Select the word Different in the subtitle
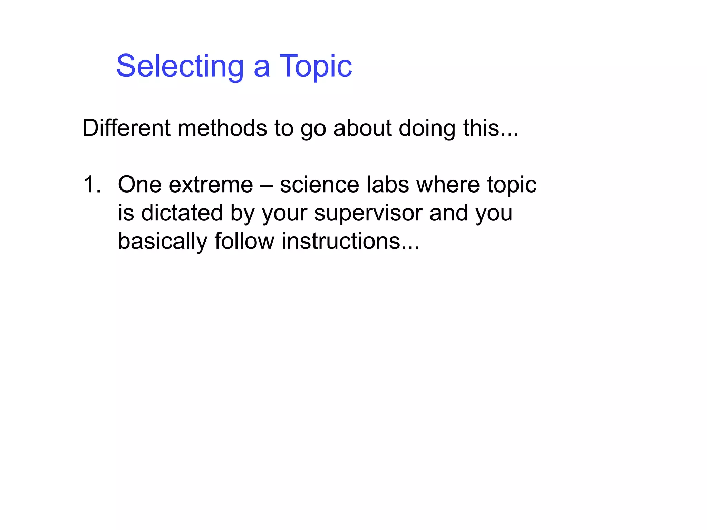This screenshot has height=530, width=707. pyautogui.click(x=126, y=128)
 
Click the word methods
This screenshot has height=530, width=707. pyautogui.click(x=222, y=128)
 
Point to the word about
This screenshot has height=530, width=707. pyautogui.click(x=362, y=128)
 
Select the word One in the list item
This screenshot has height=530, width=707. pyautogui.click(x=139, y=185)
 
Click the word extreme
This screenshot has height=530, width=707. pyautogui.click(x=211, y=185)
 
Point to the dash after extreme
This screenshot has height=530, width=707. pyautogui.click(x=266, y=185)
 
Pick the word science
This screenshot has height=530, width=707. pyautogui.click(x=319, y=185)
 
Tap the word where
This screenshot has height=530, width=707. pyautogui.click(x=448, y=185)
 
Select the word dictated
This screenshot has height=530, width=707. pyautogui.click(x=182, y=213)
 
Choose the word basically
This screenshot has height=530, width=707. pyautogui.click(x=162, y=241)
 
